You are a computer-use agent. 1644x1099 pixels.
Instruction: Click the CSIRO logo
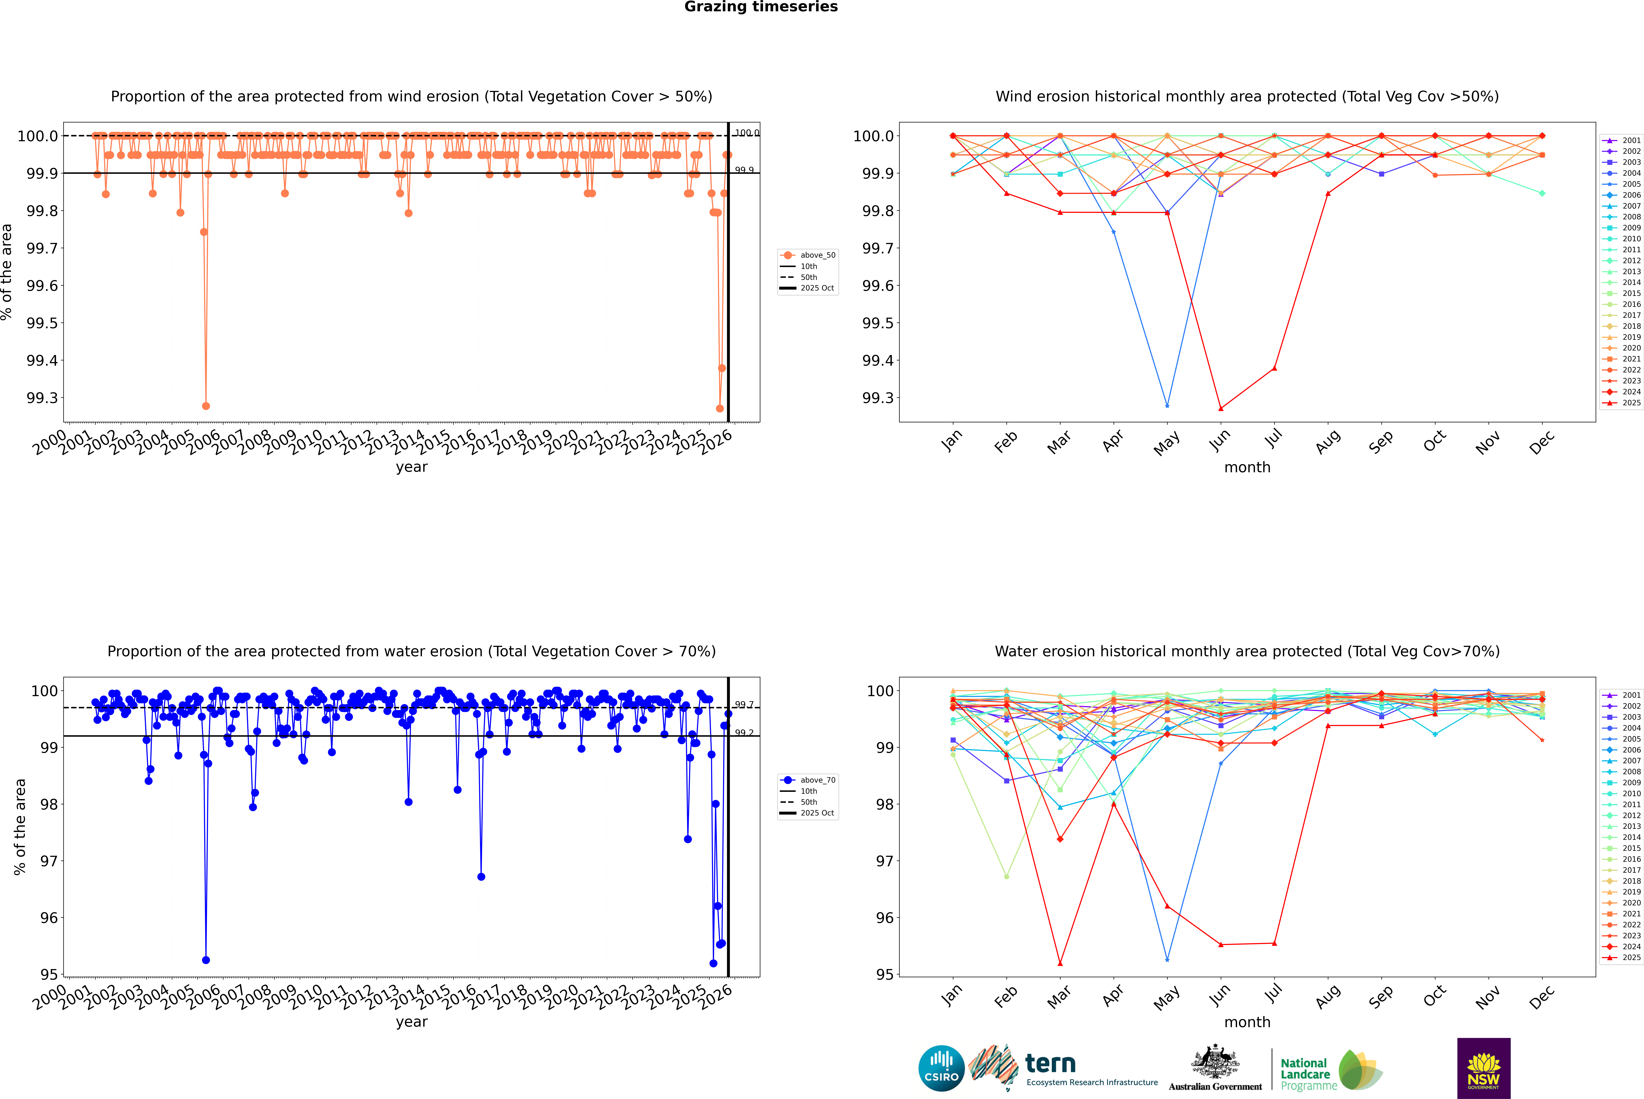941,1068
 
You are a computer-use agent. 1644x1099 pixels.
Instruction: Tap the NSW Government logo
1483,1068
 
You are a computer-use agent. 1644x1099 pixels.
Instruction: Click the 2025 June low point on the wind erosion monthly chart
1221,409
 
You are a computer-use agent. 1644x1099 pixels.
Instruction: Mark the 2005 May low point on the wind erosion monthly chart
1167,406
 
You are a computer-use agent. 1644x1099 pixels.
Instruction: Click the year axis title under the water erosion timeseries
411,1022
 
